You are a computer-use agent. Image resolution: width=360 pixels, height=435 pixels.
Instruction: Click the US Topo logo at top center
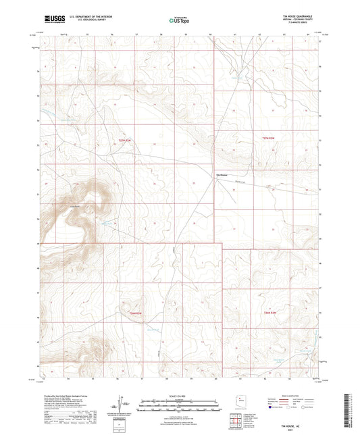coord(180,20)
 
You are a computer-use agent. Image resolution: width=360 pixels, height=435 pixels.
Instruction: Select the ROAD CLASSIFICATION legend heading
coord(291,394)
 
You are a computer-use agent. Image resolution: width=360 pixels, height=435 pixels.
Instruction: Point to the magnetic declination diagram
coord(121,405)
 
